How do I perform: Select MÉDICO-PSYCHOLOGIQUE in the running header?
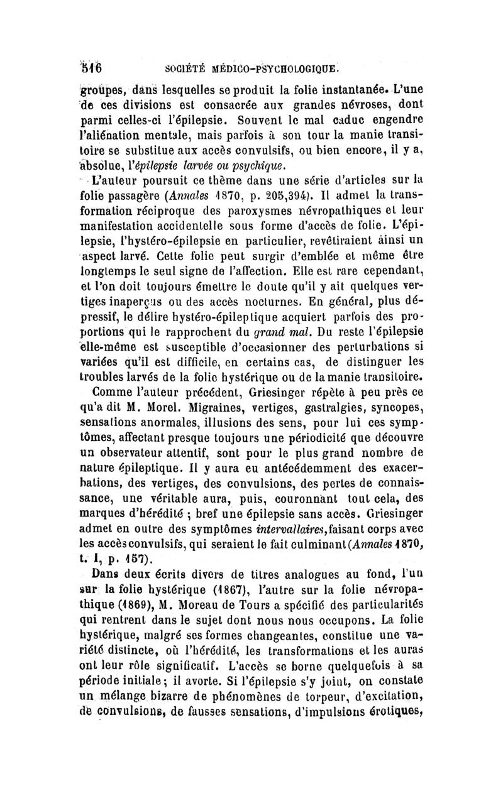point(285,65)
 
